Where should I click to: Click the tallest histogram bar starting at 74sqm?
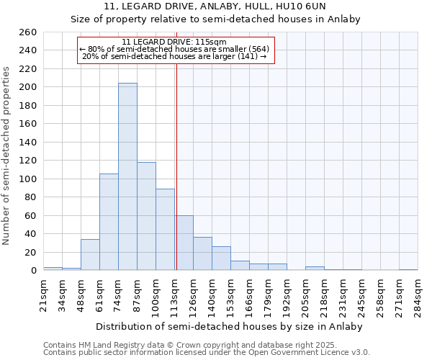point(127,176)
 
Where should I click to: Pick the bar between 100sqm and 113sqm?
point(165,229)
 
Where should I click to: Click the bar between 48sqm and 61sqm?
point(90,255)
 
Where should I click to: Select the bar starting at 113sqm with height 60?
point(184,243)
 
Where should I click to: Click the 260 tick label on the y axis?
point(29,32)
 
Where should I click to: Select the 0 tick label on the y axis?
point(33,271)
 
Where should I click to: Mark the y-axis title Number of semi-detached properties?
point(7,155)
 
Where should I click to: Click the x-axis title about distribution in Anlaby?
point(230,327)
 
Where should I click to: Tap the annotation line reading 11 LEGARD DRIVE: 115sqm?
point(175,42)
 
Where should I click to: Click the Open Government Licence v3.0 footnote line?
point(207,353)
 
